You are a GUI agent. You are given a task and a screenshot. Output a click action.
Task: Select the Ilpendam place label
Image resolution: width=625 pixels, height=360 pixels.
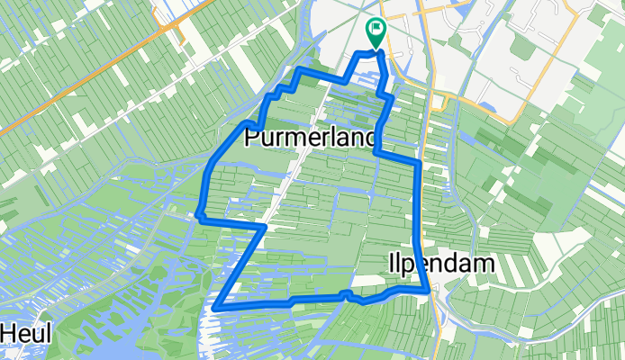(x=442, y=264)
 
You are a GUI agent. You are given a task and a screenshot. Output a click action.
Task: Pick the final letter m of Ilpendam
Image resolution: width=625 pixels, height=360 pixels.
(x=488, y=264)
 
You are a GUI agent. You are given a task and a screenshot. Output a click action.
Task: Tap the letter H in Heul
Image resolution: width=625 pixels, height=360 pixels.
(x=9, y=333)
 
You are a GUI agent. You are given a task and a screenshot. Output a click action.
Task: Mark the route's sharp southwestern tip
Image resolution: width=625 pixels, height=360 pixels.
(x=216, y=307)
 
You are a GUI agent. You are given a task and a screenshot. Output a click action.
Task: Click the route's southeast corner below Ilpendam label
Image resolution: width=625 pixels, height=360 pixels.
(x=427, y=291)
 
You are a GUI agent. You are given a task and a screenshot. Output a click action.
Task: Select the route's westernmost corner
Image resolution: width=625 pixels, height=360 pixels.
(x=198, y=215)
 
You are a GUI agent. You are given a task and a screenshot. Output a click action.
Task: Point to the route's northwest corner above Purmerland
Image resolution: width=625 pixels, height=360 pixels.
(x=300, y=70)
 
